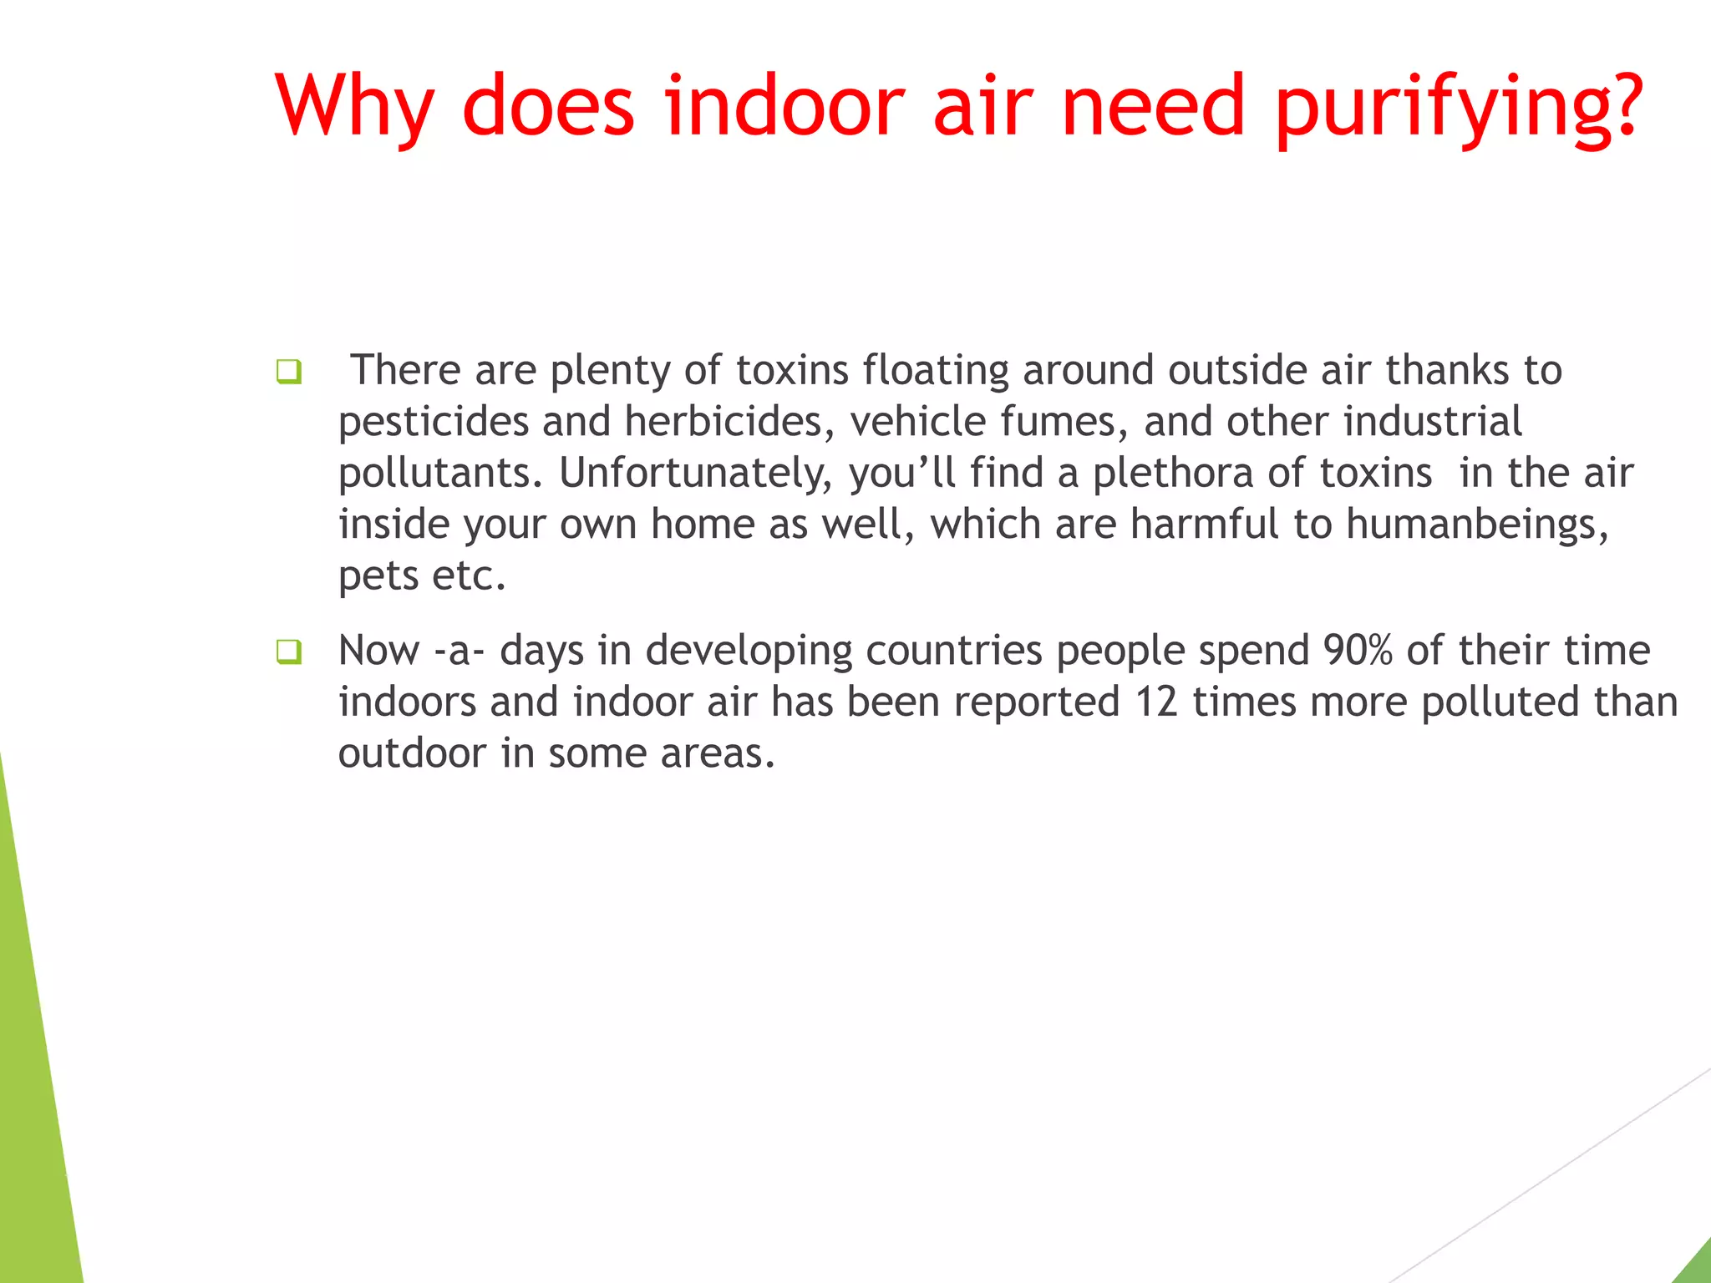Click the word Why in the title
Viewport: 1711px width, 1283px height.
point(355,107)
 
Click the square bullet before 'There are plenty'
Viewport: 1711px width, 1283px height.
point(288,372)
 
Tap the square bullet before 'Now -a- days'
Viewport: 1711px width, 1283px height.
point(288,652)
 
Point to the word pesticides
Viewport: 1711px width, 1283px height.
point(433,422)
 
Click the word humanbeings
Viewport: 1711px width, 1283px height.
point(1476,525)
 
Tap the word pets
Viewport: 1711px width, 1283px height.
point(378,576)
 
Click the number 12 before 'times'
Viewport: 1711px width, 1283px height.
point(1155,702)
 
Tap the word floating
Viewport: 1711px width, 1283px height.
point(936,372)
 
